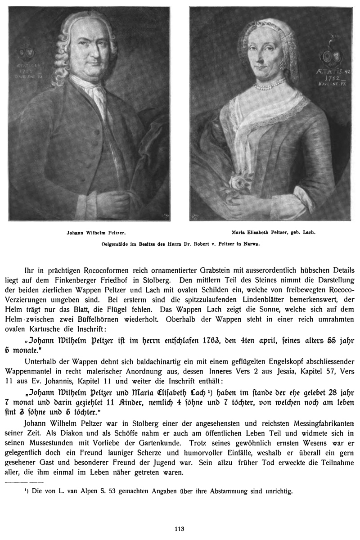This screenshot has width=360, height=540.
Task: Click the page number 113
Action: pos(180,529)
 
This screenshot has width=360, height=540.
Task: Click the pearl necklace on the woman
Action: pos(269,84)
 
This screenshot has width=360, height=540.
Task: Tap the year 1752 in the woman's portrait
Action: pos(332,77)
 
